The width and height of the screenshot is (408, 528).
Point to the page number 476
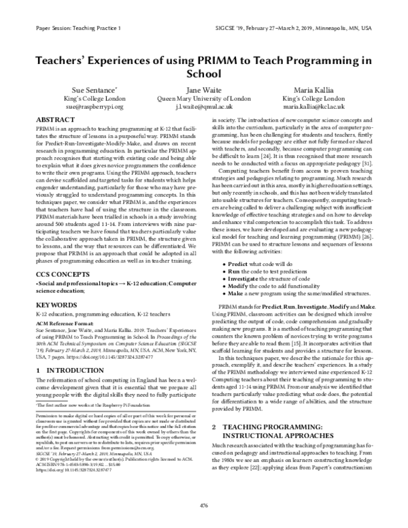pos(204,505)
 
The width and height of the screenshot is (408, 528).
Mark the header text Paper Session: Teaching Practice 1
pos(76,30)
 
